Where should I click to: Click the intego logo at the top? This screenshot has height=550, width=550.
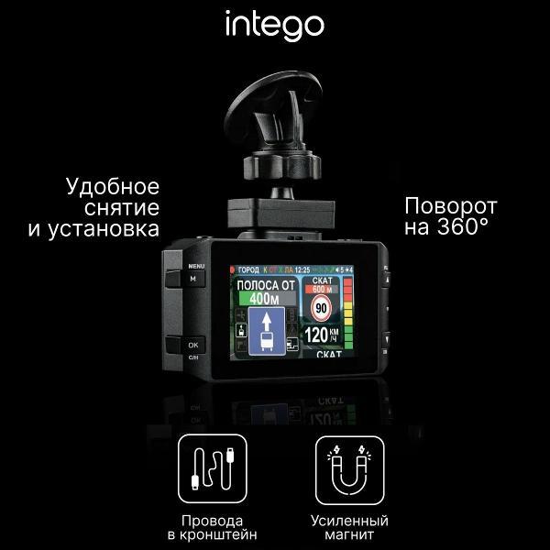275,26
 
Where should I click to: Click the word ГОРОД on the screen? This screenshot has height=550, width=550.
248,270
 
